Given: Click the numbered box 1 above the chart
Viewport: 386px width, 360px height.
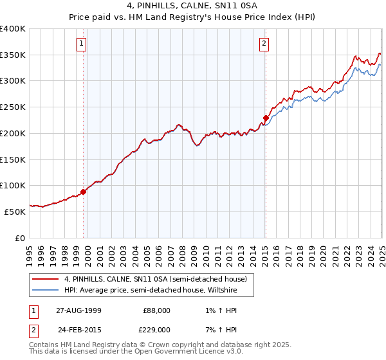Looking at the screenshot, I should [x=83, y=44].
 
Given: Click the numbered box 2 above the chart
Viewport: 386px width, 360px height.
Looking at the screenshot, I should [x=264, y=44].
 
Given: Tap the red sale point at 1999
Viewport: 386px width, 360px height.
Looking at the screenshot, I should [x=84, y=192].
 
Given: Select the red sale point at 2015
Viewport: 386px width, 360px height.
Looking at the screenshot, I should [x=265, y=118].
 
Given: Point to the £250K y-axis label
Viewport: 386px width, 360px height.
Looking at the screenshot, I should [x=13, y=107].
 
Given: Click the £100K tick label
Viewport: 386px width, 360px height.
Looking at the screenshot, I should [x=13, y=186].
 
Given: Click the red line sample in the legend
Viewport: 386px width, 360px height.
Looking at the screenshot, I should [x=45, y=279].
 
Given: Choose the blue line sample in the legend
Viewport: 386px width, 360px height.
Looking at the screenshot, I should [x=45, y=290].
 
